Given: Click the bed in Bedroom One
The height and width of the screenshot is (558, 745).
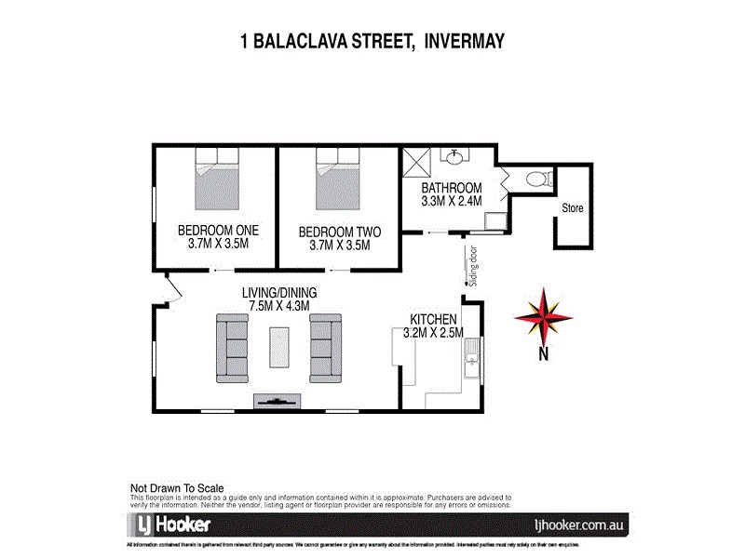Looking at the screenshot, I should [217, 181].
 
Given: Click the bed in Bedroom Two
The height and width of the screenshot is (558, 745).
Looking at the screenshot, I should [338, 181].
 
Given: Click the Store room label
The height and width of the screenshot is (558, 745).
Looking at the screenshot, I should [572, 208].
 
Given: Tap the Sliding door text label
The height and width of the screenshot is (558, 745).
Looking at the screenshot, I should [473, 268].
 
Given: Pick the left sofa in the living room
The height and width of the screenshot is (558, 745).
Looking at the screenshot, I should [233, 348].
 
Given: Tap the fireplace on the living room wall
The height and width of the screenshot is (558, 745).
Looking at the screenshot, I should [278, 402].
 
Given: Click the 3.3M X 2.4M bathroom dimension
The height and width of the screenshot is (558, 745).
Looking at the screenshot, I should [452, 200].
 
